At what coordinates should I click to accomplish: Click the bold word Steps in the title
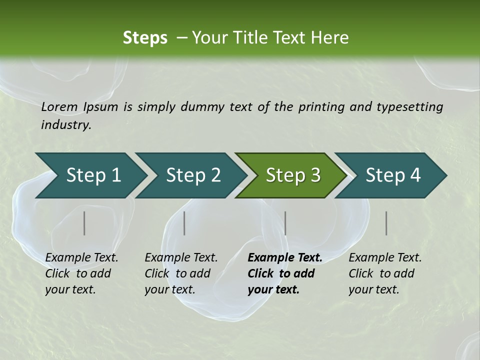pyautogui.click(x=145, y=37)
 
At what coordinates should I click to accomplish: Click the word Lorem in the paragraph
pyautogui.click(x=59, y=106)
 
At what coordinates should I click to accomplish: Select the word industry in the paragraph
pyautogui.click(x=66, y=125)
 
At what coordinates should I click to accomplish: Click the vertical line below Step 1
pyautogui.click(x=84, y=223)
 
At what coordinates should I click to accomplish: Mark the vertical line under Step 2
pyautogui.click(x=184, y=223)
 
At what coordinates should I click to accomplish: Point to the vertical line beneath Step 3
pyautogui.click(x=285, y=223)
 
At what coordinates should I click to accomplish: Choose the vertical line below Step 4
pyautogui.click(x=386, y=223)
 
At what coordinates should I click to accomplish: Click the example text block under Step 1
pyautogui.click(x=81, y=273)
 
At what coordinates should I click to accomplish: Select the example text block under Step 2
pyautogui.click(x=181, y=273)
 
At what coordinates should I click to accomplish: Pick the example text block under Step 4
pyautogui.click(x=385, y=273)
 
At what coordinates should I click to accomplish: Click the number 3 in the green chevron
pyautogui.click(x=315, y=175)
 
